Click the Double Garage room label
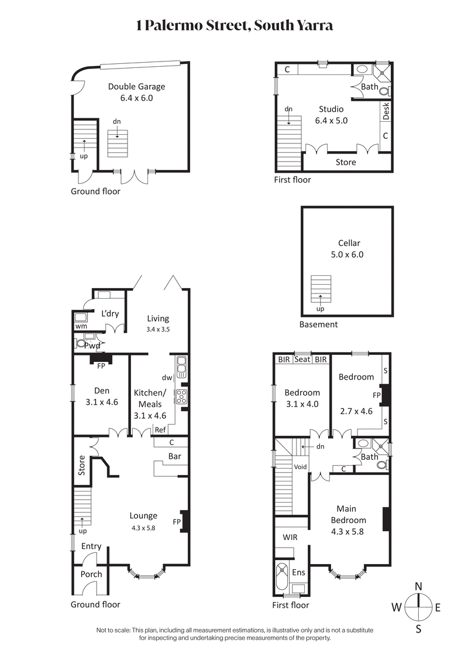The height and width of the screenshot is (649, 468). tap(136, 87)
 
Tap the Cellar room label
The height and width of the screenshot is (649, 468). tap(349, 243)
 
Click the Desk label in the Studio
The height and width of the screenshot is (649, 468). tap(386, 111)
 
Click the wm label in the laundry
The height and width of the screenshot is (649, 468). tap(81, 326)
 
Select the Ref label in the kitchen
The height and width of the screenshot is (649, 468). tap(160, 430)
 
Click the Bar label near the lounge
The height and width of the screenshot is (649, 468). tap(174, 455)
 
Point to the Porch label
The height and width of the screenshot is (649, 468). tap(91, 574)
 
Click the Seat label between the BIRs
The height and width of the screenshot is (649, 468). tap(302, 360)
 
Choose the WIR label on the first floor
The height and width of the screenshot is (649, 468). tap(291, 537)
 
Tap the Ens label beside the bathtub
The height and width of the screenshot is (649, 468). tap(299, 571)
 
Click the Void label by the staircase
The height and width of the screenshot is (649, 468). tap(301, 467)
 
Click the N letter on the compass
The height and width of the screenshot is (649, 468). tap(418, 586)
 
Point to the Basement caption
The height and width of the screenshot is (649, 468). tap(318, 324)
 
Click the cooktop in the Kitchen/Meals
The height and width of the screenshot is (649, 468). tap(181, 397)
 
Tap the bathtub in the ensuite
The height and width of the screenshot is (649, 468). tap(281, 578)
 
